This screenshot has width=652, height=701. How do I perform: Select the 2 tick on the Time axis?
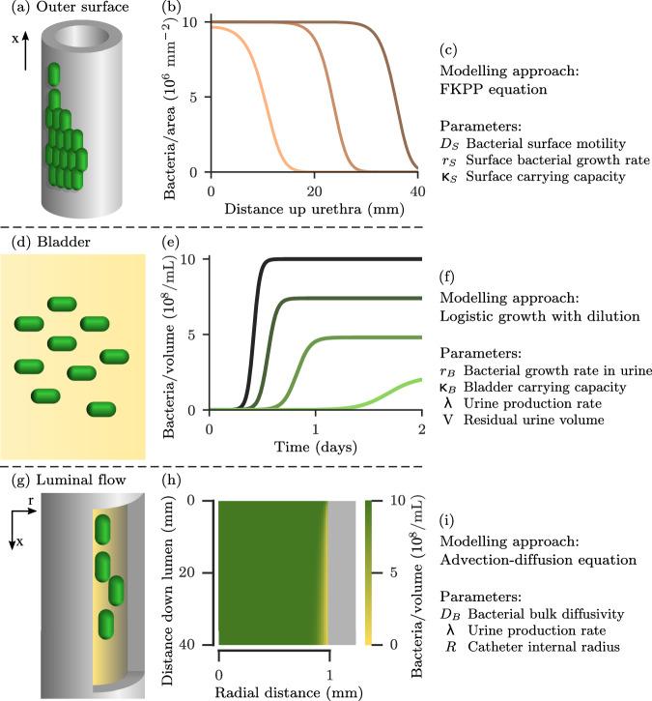click(x=421, y=427)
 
